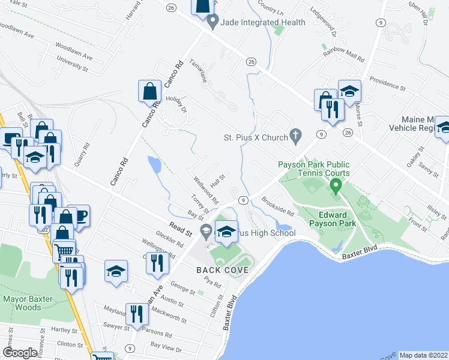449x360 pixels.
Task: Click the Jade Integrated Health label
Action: [x=263, y=22]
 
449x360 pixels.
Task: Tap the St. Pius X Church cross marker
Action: [x=295, y=137]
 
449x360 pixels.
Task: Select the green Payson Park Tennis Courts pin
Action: [x=337, y=187]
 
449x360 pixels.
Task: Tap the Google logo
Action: [x=20, y=353]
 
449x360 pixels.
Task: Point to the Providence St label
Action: [x=387, y=83]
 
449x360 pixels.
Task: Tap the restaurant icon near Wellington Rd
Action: [x=157, y=262]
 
